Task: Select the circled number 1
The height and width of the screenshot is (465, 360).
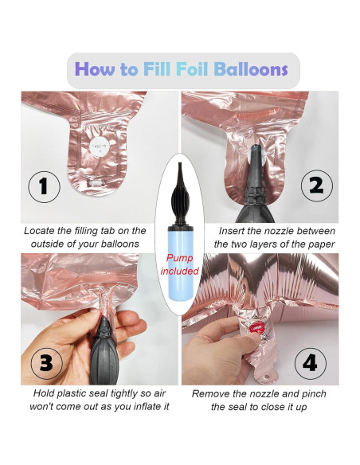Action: point(44,186)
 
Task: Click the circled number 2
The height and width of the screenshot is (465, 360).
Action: point(317,186)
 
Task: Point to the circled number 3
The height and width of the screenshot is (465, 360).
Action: point(46,363)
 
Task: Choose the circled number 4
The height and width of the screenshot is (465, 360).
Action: point(311,364)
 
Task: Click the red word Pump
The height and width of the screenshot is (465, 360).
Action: point(179,258)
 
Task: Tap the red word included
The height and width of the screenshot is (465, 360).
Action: point(180,271)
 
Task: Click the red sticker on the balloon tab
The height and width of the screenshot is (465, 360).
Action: point(255,329)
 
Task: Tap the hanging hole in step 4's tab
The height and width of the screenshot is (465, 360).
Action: point(266,377)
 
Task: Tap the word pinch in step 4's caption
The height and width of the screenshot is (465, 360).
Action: point(314,394)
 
